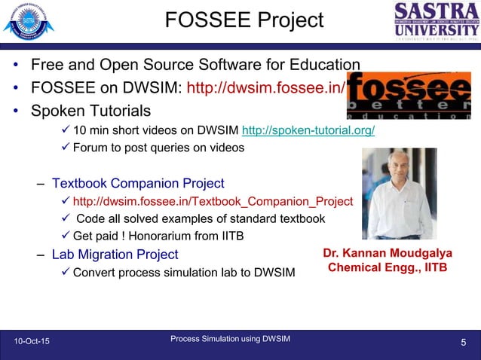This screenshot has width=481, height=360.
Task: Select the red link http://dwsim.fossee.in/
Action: coord(266,88)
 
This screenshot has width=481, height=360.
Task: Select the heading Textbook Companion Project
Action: coord(138,182)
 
